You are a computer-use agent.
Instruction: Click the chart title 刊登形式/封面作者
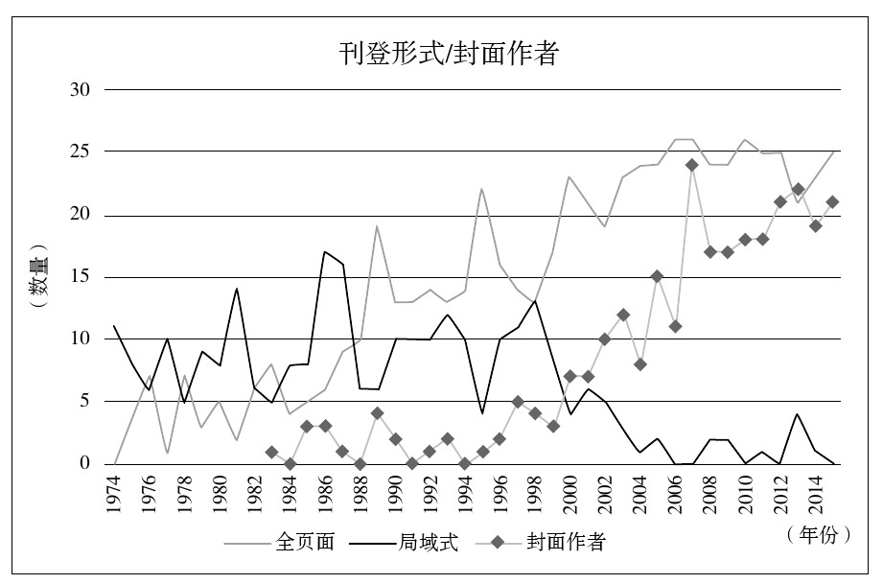448,54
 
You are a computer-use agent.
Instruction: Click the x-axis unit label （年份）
817,535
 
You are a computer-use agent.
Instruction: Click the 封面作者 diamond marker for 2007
691,165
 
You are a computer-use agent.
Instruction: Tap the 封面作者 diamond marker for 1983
271,452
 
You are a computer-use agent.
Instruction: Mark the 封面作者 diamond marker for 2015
832,202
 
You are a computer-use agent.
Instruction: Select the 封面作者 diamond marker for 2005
657,277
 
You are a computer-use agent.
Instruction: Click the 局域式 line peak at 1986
324,252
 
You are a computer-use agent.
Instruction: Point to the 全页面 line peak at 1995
481,189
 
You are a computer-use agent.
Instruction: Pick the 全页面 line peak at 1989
377,226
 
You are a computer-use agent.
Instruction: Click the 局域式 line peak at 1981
237,289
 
